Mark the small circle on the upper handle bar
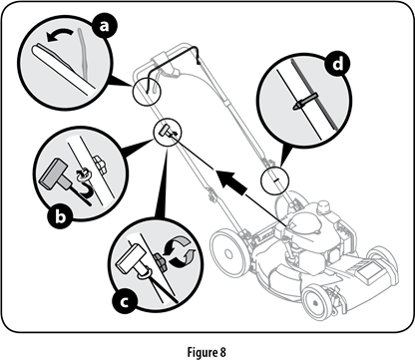click(x=144, y=91)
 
